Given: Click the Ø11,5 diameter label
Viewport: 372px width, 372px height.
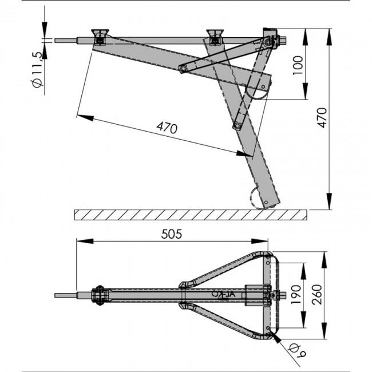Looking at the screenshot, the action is [37, 69].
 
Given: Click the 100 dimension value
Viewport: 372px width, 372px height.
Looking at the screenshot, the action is [298, 65].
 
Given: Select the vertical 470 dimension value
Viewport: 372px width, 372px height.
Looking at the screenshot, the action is [322, 118].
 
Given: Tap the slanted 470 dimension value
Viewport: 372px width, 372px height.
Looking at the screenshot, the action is [167, 128].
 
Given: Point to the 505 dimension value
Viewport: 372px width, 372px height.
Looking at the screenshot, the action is [172, 234].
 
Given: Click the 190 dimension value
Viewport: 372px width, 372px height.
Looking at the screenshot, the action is [296, 295].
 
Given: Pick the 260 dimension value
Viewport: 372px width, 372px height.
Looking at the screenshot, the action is [317, 294].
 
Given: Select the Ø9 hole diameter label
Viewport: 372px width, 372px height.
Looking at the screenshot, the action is [297, 351].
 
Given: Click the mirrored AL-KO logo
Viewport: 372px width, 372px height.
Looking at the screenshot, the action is [223, 295].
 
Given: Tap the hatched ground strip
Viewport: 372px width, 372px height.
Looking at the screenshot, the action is [191, 215].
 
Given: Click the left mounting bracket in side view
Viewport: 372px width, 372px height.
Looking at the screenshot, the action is [100, 37].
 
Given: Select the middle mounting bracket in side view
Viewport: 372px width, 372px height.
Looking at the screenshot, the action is [215, 37].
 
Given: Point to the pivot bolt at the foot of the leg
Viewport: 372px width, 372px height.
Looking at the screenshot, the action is [266, 203].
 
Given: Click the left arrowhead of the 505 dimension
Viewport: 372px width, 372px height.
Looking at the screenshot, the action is [85, 242].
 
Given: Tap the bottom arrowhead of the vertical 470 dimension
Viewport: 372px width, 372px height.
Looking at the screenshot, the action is [329, 201].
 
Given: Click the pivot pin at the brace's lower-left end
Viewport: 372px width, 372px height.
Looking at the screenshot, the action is [183, 69].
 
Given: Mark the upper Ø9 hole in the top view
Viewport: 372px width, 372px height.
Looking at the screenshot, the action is [268, 263].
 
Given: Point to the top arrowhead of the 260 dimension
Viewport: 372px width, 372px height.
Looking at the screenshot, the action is [324, 260].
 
